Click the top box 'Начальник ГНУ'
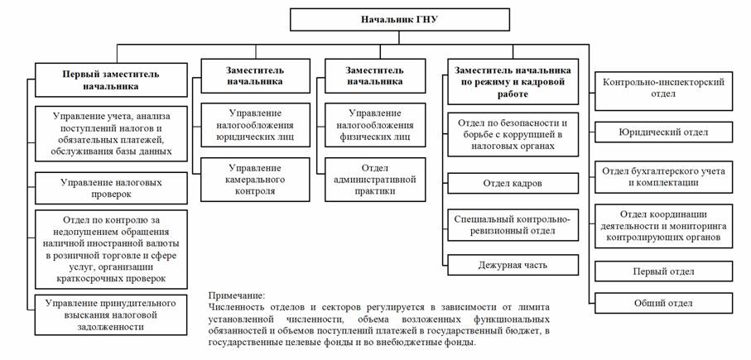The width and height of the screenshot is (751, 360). (399, 20)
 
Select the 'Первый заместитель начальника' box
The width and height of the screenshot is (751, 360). (111, 80)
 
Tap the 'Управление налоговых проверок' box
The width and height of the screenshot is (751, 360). (111, 189)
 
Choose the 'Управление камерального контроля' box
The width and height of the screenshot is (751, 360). (255, 180)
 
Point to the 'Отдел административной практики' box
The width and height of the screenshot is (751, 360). (375, 180)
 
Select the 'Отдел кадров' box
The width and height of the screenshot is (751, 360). (513, 184)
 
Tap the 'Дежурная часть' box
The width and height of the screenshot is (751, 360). (513, 265)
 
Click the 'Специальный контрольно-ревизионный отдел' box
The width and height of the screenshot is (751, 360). (513, 225)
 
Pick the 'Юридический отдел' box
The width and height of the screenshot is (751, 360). (663, 132)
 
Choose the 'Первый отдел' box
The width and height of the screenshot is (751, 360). (663, 271)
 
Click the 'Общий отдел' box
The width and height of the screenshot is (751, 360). (663, 303)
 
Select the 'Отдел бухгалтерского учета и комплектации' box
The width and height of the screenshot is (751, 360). (663, 176)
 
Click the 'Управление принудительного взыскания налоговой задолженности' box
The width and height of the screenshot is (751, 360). (111, 315)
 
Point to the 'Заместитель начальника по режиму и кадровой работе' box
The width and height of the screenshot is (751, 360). (513, 81)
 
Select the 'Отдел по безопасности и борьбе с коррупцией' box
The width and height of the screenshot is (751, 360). (513, 135)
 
